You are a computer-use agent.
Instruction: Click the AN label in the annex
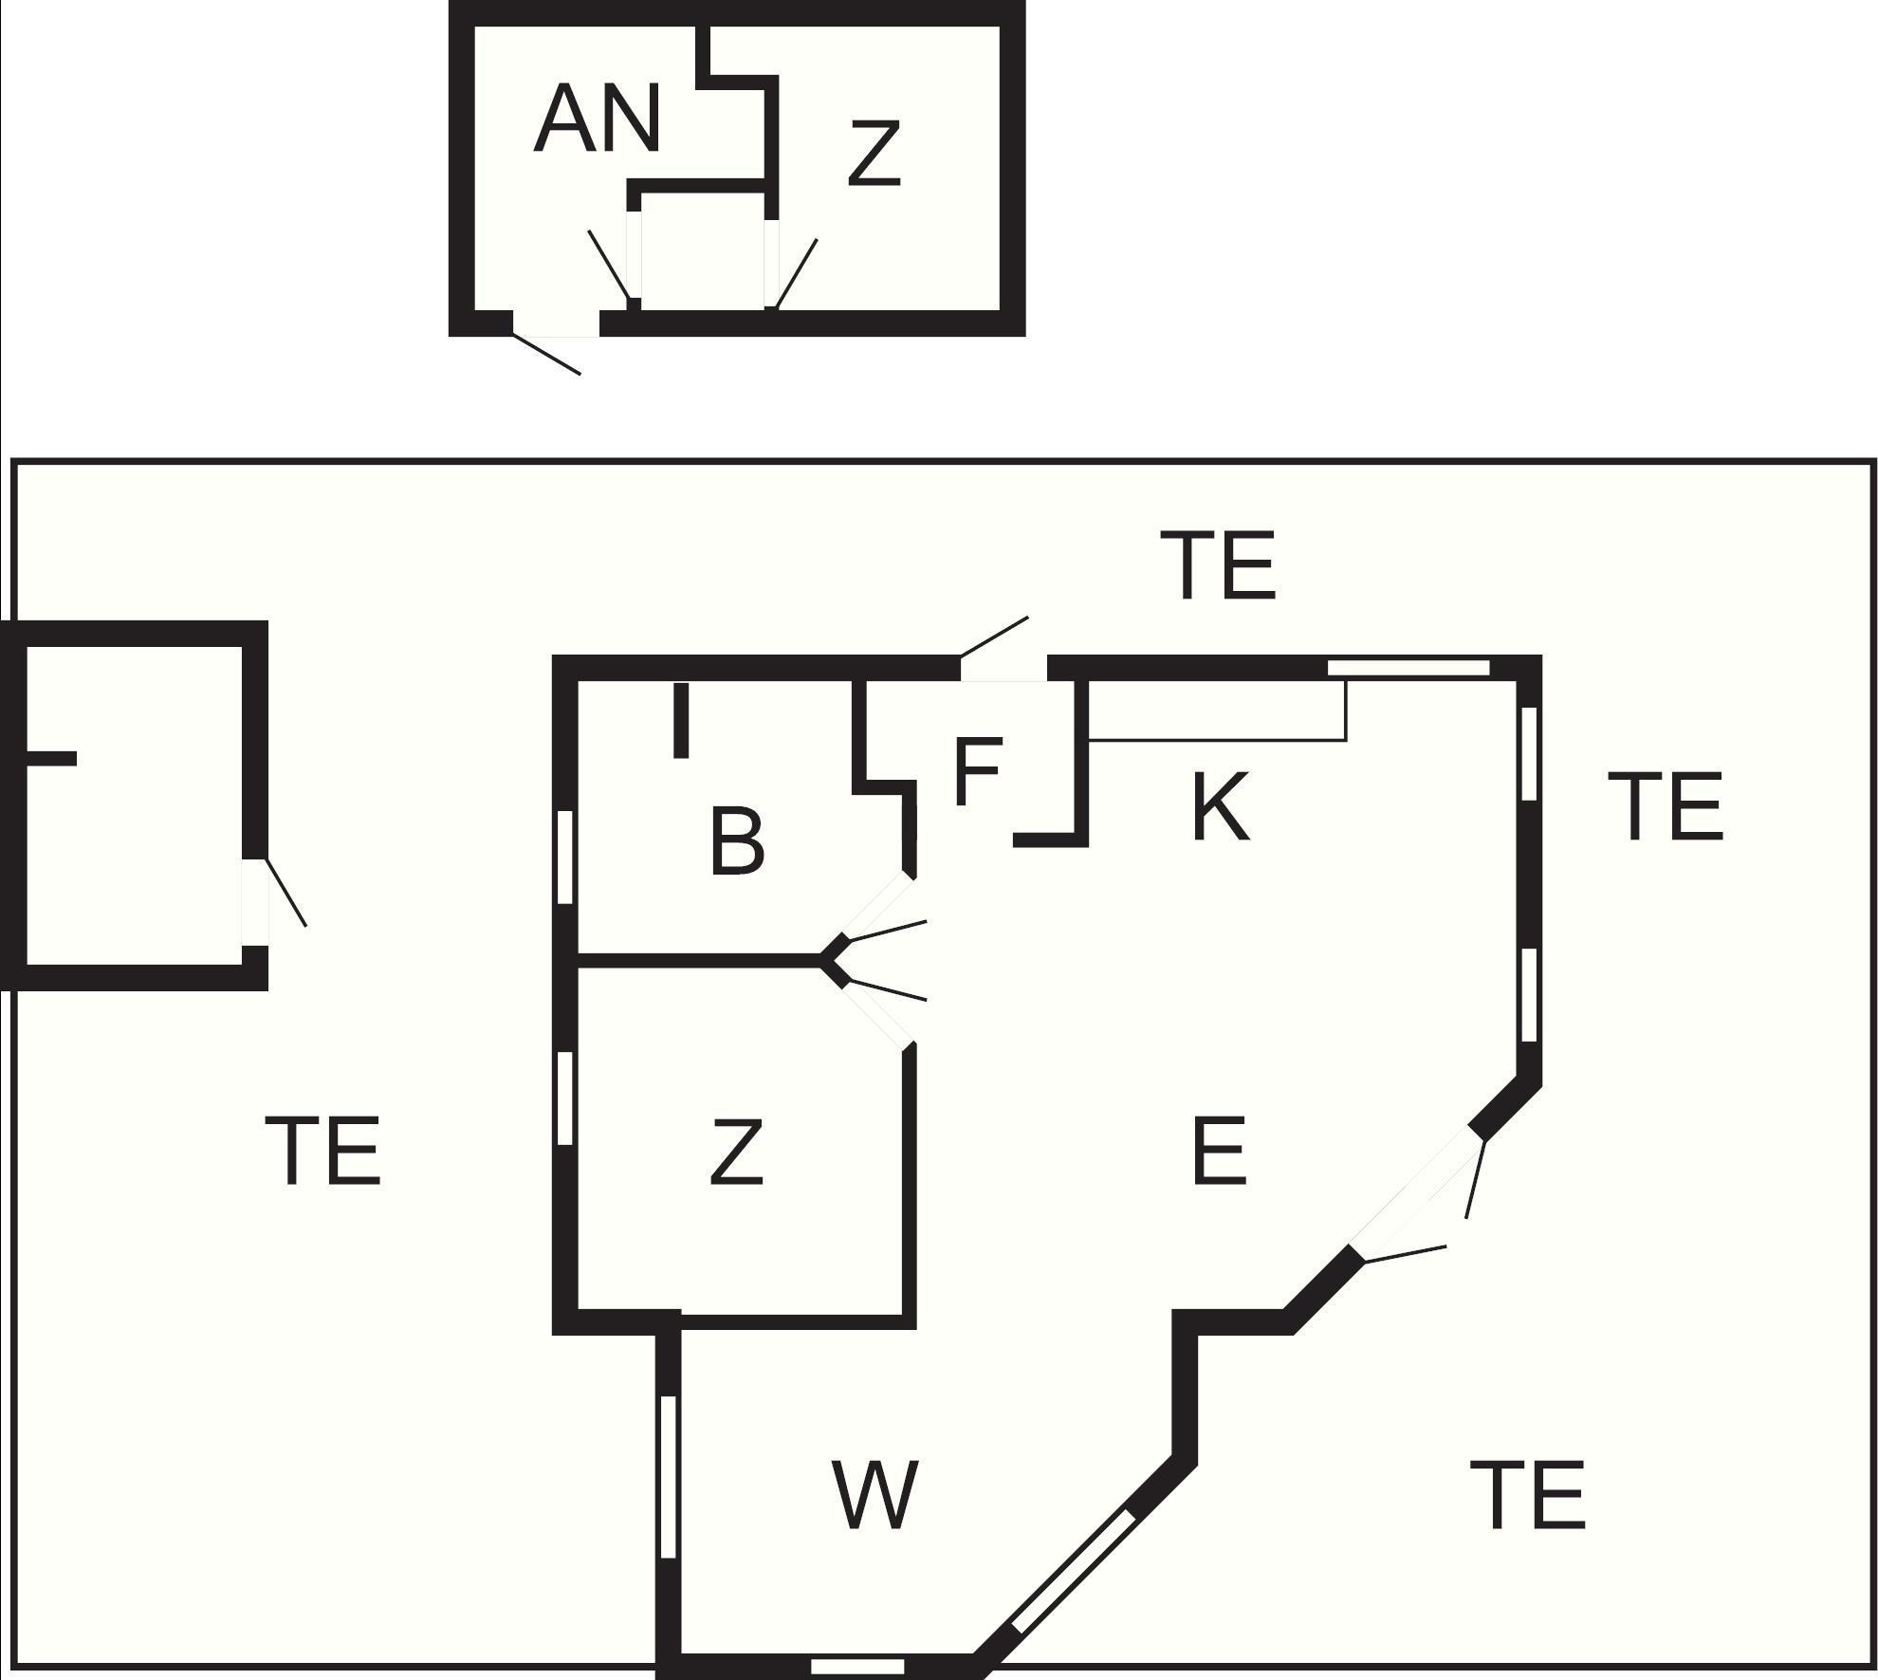597,119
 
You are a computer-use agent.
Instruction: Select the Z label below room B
736,1152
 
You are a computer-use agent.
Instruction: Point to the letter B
737,841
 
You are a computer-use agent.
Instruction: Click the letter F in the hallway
978,772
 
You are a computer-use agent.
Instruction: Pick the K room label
1220,807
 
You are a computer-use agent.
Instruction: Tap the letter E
1219,1152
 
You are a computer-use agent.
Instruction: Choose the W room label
875,1496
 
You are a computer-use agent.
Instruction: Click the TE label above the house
1219,566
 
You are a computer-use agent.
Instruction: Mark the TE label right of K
1666,807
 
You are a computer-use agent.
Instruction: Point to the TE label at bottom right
1528,1496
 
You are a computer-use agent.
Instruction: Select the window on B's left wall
564,857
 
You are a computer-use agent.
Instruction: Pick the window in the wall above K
1408,668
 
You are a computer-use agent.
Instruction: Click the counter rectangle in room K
1217,710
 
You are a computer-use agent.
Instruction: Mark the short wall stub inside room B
680,721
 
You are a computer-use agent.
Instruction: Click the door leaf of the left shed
285,893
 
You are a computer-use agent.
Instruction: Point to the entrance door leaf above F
994,637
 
